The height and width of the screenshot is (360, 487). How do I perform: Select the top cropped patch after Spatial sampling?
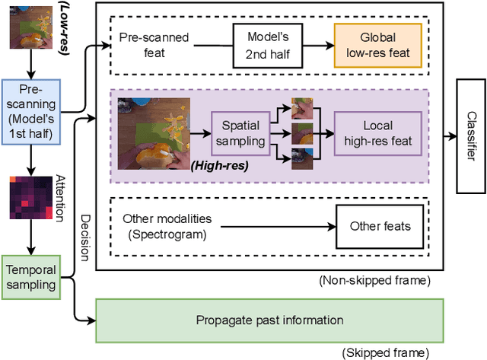point(302,110)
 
